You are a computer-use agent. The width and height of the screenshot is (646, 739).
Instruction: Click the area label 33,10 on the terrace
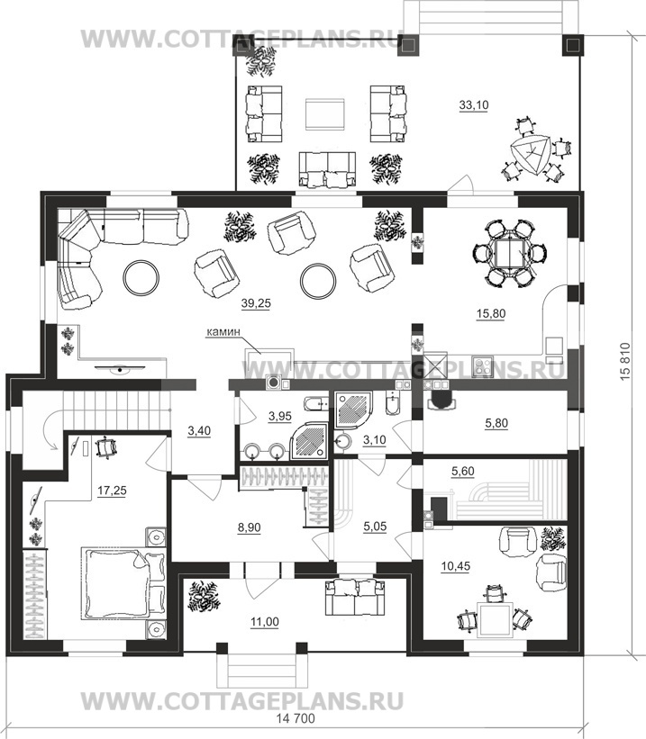(x=474, y=105)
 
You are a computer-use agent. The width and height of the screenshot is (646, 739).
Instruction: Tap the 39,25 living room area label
(x=256, y=303)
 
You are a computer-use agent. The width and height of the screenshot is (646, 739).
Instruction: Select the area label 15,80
(x=491, y=313)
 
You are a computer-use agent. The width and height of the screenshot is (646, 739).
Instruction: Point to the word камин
(x=223, y=332)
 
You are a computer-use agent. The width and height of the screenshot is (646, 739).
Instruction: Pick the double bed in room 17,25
(x=123, y=582)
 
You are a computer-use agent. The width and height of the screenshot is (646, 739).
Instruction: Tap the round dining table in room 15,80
(x=509, y=253)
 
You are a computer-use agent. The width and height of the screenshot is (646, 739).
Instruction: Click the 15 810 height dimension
(x=624, y=362)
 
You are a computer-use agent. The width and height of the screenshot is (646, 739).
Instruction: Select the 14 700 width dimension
(x=295, y=718)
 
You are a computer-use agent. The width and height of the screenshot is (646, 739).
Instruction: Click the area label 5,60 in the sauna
(x=463, y=471)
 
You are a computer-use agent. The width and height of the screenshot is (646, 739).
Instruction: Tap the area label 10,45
(x=455, y=566)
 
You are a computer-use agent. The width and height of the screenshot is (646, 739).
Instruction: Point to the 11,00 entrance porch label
(x=264, y=622)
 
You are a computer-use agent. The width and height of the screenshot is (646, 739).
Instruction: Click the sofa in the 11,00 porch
(x=355, y=597)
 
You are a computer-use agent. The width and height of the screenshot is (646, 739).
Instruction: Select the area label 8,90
(x=250, y=527)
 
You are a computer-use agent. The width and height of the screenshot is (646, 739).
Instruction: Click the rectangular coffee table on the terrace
(x=324, y=114)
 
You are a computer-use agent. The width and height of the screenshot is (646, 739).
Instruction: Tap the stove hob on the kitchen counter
(x=482, y=366)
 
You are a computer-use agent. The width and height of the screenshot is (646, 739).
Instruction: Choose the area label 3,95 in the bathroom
(x=280, y=416)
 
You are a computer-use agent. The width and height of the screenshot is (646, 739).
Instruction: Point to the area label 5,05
(x=375, y=527)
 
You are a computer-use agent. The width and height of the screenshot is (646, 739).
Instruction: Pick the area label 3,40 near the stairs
(x=199, y=431)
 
